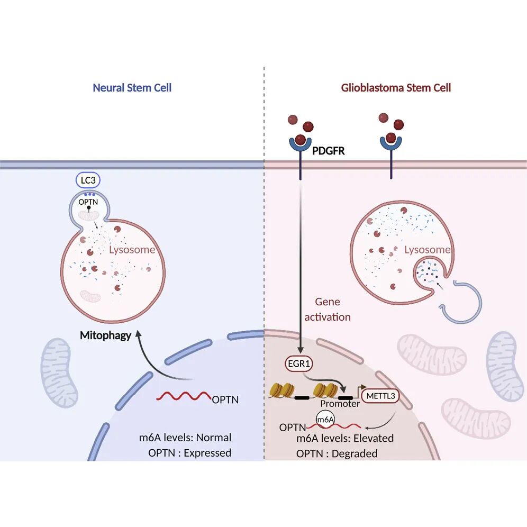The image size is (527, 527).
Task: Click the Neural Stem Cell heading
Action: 132,88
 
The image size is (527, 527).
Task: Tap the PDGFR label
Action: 329,151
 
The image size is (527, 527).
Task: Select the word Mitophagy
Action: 105,335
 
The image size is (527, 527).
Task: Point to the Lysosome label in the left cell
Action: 132,249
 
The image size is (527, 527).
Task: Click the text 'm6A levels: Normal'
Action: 183,438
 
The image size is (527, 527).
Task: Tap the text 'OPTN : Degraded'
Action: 337,453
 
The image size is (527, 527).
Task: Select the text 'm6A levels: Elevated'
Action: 345,438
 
